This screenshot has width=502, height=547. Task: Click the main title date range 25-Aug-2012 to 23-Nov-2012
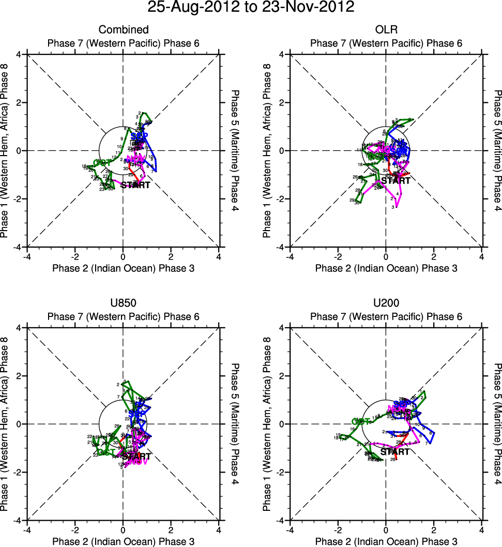(251, 8)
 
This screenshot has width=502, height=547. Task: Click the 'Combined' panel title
(123, 30)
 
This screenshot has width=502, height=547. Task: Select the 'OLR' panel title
(386, 30)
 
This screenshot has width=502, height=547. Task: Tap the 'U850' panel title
(123, 303)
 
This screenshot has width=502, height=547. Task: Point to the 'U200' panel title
(386, 303)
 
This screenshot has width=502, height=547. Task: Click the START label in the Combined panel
(135, 185)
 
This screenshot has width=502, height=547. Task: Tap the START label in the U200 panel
(395, 452)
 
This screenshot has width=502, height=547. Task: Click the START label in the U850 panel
(136, 457)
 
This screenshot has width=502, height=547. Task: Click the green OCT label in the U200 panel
(362, 421)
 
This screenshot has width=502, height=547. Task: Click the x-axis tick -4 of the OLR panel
(290, 256)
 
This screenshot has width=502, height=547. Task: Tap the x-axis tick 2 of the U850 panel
(171, 529)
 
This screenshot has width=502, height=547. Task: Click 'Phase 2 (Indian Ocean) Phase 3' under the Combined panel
(123, 268)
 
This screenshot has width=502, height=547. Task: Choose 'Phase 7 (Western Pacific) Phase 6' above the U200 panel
(386, 316)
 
